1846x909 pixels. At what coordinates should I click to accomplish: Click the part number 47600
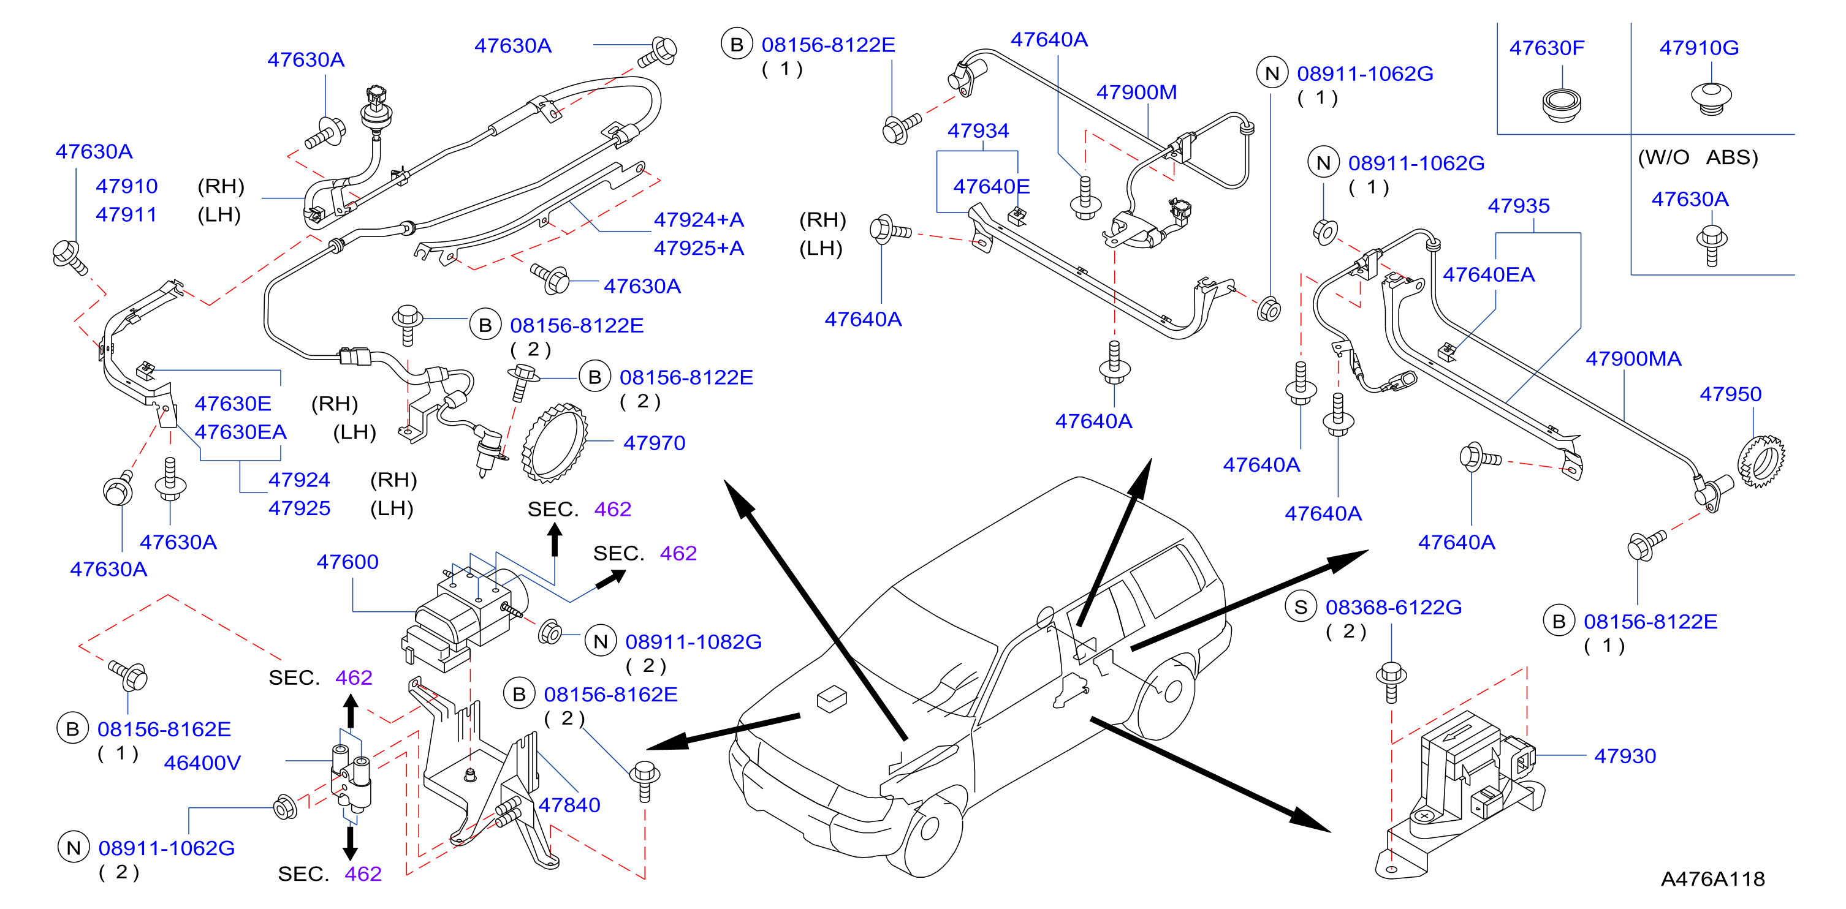(348, 562)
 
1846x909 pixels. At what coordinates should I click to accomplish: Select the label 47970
(655, 443)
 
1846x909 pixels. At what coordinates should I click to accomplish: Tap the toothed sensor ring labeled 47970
(555, 443)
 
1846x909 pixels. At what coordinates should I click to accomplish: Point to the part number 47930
(1625, 756)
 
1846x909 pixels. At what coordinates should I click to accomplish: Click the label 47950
(1730, 394)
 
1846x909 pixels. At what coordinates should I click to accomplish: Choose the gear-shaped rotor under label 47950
(1761, 461)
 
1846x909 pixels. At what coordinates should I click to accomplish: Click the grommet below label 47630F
(1562, 105)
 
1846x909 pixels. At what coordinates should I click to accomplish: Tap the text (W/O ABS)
(1698, 157)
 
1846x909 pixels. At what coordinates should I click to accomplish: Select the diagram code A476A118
(1713, 879)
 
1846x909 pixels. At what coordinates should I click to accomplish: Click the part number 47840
(569, 805)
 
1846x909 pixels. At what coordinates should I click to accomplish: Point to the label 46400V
(202, 763)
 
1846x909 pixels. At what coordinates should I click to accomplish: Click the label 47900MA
(1633, 358)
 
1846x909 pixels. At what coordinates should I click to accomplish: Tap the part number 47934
(978, 130)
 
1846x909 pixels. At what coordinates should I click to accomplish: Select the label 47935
(1519, 206)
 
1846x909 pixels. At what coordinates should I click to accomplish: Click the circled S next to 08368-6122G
(1301, 608)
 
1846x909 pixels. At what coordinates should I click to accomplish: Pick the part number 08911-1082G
(693, 642)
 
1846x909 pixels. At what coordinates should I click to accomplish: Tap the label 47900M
(1136, 92)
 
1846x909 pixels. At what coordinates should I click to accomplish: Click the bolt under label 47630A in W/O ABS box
(1711, 245)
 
